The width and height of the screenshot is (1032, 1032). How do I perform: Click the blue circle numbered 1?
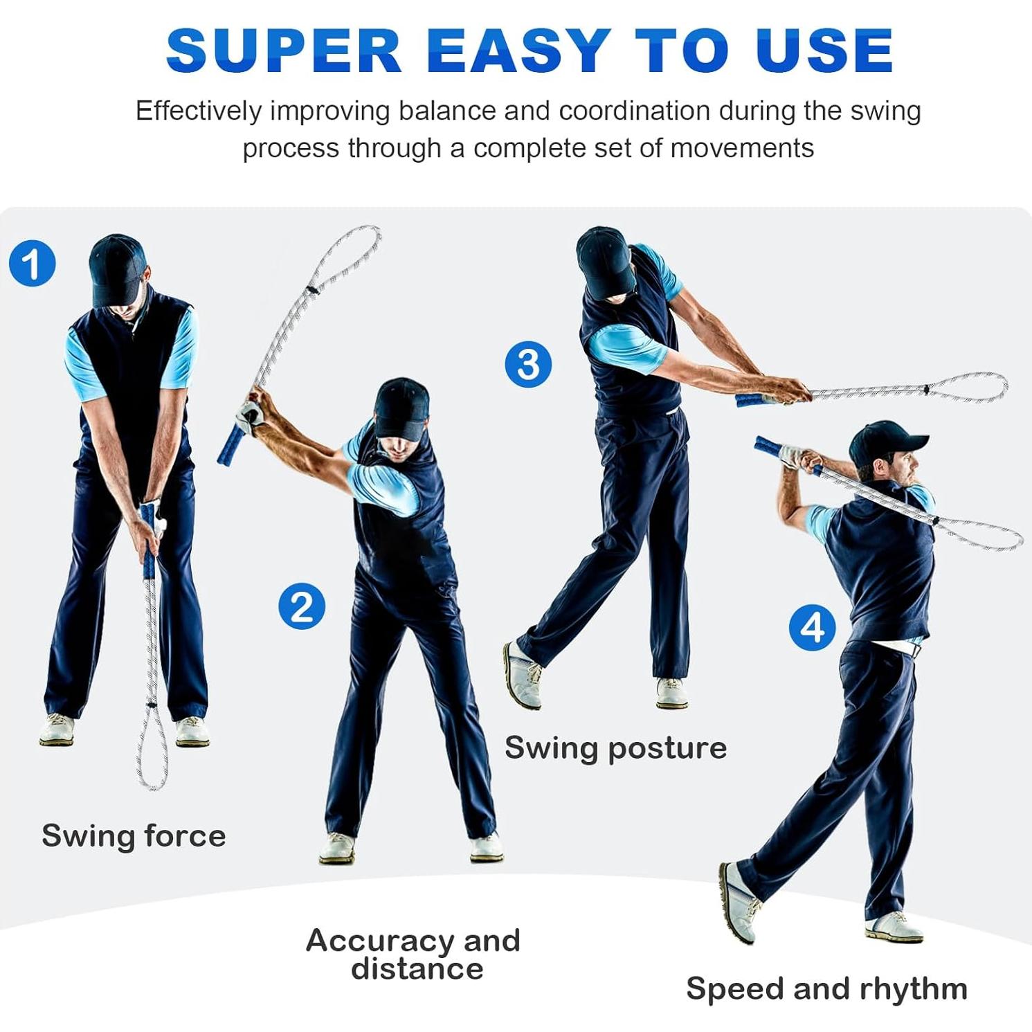click(x=33, y=263)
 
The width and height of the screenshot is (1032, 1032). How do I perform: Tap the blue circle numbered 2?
click(x=302, y=606)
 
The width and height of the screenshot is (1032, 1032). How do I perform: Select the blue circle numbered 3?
click(x=528, y=364)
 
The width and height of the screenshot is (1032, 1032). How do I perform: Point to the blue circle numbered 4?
click(x=812, y=628)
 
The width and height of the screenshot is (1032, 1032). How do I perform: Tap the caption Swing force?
click(x=134, y=835)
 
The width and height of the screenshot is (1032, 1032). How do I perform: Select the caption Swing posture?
click(x=615, y=748)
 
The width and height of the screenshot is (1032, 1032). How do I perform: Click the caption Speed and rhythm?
click(x=826, y=988)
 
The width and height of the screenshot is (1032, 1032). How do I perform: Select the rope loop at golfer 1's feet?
click(x=152, y=751)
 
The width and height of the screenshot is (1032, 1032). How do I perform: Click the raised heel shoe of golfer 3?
click(x=522, y=675)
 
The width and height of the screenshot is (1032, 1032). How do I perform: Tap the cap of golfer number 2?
click(x=401, y=408)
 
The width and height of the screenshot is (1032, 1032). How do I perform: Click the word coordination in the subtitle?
click(x=634, y=111)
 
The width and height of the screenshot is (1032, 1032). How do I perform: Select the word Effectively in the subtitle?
click(x=199, y=111)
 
